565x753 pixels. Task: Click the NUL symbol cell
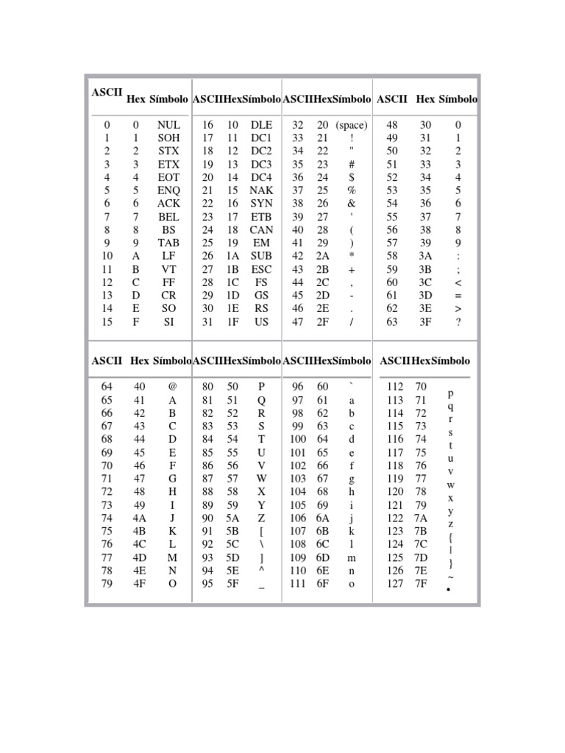coord(168,126)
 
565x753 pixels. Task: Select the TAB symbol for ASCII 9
coord(168,242)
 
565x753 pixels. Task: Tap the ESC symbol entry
coord(261,269)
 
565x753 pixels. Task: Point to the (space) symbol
coord(352,126)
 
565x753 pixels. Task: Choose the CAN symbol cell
coord(261,229)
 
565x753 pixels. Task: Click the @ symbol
coord(172,387)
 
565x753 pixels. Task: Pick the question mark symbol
coord(458,321)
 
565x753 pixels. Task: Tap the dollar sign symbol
coord(352,177)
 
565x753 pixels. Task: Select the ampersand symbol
coord(352,204)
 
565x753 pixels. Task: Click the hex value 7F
coord(421,584)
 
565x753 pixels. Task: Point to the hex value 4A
coord(139,518)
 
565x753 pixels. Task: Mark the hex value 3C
coord(426,282)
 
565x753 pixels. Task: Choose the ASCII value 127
coord(395,584)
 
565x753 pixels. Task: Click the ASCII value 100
coord(298,439)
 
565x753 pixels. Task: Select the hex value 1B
coord(232,269)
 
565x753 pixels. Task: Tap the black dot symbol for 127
coord(448,590)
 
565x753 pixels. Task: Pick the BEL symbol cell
coord(168,217)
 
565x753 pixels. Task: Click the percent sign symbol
coord(352,190)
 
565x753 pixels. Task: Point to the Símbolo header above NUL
coord(168,99)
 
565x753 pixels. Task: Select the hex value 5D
coord(232,557)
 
